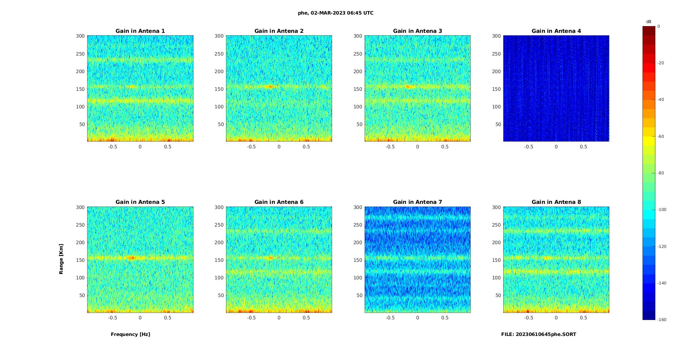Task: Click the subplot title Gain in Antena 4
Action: (x=556, y=31)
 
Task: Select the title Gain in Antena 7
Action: (x=417, y=202)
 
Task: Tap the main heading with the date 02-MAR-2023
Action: (x=335, y=13)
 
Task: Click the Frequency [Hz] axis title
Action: (x=130, y=334)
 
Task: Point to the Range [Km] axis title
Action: (x=61, y=259)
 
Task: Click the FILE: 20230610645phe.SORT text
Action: (x=538, y=334)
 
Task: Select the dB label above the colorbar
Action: (x=649, y=22)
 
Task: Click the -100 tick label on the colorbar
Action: (x=661, y=210)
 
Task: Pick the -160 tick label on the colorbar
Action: (x=661, y=320)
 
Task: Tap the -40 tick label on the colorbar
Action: (x=660, y=100)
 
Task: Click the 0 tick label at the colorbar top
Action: (x=658, y=26)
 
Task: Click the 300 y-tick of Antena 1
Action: (x=80, y=36)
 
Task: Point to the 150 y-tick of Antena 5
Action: (x=80, y=260)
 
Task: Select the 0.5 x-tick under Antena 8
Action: (x=583, y=318)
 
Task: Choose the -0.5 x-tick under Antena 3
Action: (x=390, y=147)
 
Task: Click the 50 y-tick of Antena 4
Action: (x=498, y=124)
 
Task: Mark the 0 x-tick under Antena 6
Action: (x=279, y=318)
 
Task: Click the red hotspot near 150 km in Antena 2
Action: (x=270, y=87)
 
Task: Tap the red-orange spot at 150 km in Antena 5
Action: (x=131, y=258)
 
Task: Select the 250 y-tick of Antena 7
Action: (x=358, y=225)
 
